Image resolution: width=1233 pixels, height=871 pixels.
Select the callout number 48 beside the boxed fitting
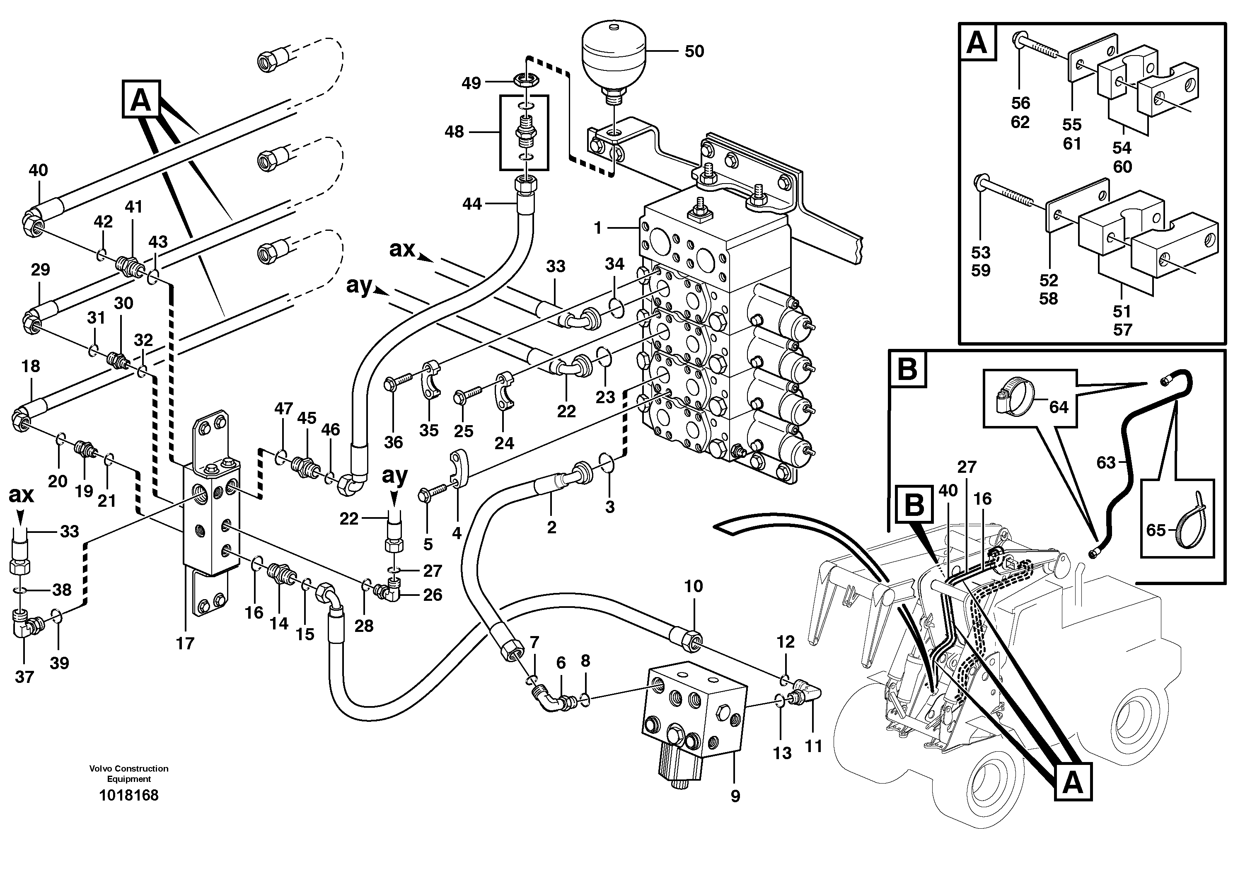coord(455,132)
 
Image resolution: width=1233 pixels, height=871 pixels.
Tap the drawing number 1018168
coord(129,795)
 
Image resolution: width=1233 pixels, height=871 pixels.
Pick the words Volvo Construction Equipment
coord(129,774)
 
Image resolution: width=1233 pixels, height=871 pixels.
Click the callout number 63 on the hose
coord(1106,462)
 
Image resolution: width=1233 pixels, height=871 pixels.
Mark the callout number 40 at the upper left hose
coord(38,171)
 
